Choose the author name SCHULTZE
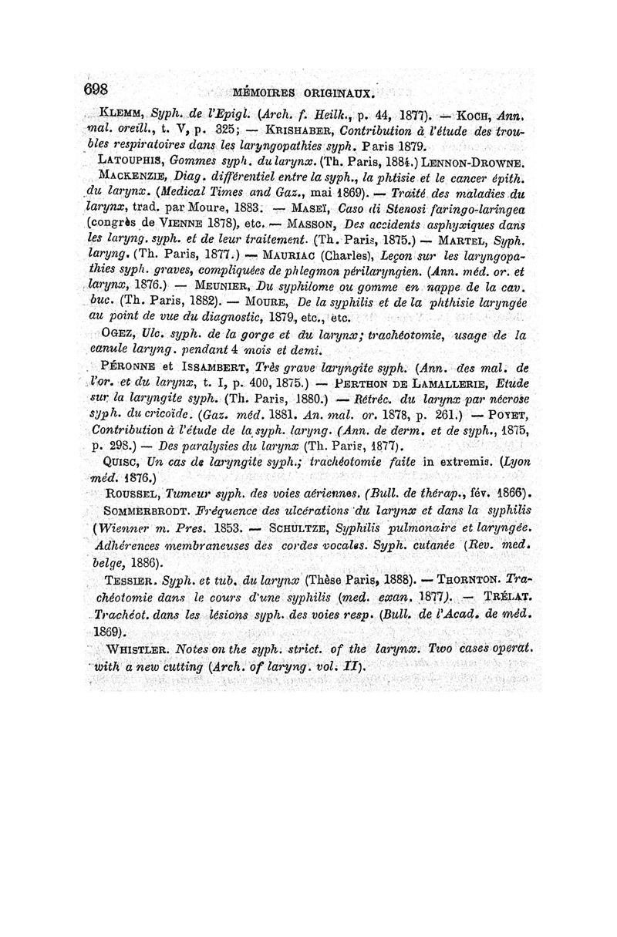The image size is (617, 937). pos(311,528)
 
